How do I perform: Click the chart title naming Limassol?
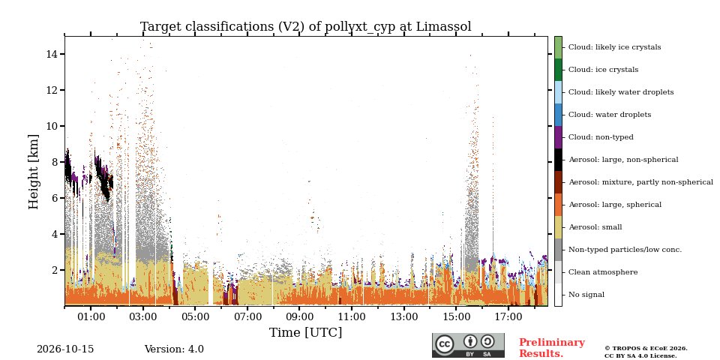click(x=306, y=27)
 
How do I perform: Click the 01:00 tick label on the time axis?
click(x=91, y=316)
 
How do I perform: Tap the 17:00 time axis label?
click(x=508, y=316)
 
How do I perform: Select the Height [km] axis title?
click(x=34, y=172)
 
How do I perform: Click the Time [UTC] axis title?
click(x=306, y=332)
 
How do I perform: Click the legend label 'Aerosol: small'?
click(x=595, y=227)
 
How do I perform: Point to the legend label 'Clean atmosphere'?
click(x=603, y=272)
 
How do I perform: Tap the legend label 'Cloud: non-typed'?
click(x=601, y=137)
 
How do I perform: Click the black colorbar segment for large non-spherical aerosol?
click(x=558, y=160)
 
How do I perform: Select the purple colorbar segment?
click(x=558, y=137)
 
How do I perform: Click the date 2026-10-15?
click(x=65, y=349)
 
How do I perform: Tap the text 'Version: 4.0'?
click(x=174, y=349)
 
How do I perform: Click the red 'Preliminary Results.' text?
click(x=552, y=348)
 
